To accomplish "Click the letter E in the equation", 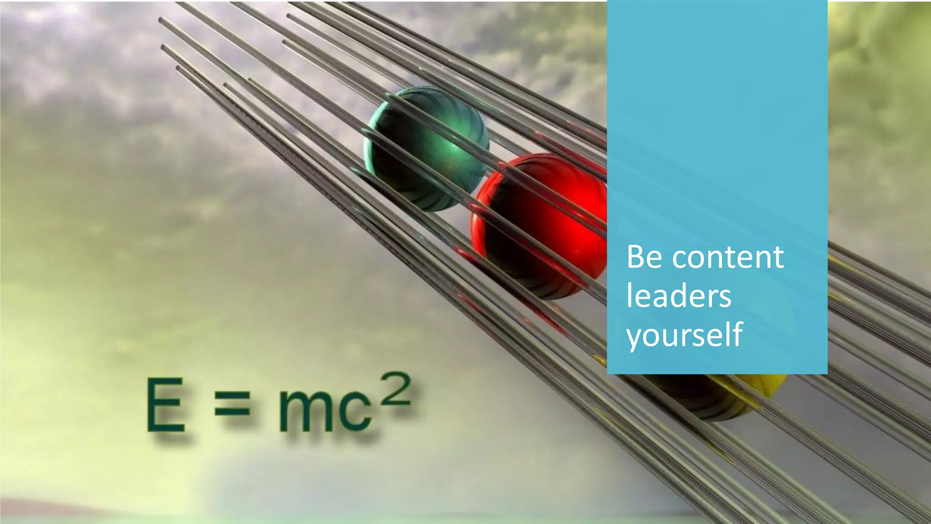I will click(x=165, y=405).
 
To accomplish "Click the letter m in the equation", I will click(x=305, y=412).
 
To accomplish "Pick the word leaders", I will click(x=678, y=296).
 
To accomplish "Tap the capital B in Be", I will click(x=636, y=257).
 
